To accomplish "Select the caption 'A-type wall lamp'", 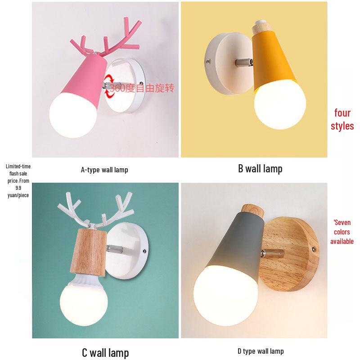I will (x=104, y=170).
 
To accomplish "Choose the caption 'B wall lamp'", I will (x=260, y=169).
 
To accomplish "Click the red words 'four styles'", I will (x=342, y=119).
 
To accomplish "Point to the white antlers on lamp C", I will (x=97, y=211).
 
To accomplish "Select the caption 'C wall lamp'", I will (x=105, y=353).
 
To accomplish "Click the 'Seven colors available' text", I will (x=342, y=232).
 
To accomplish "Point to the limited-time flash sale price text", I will (x=18, y=180).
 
